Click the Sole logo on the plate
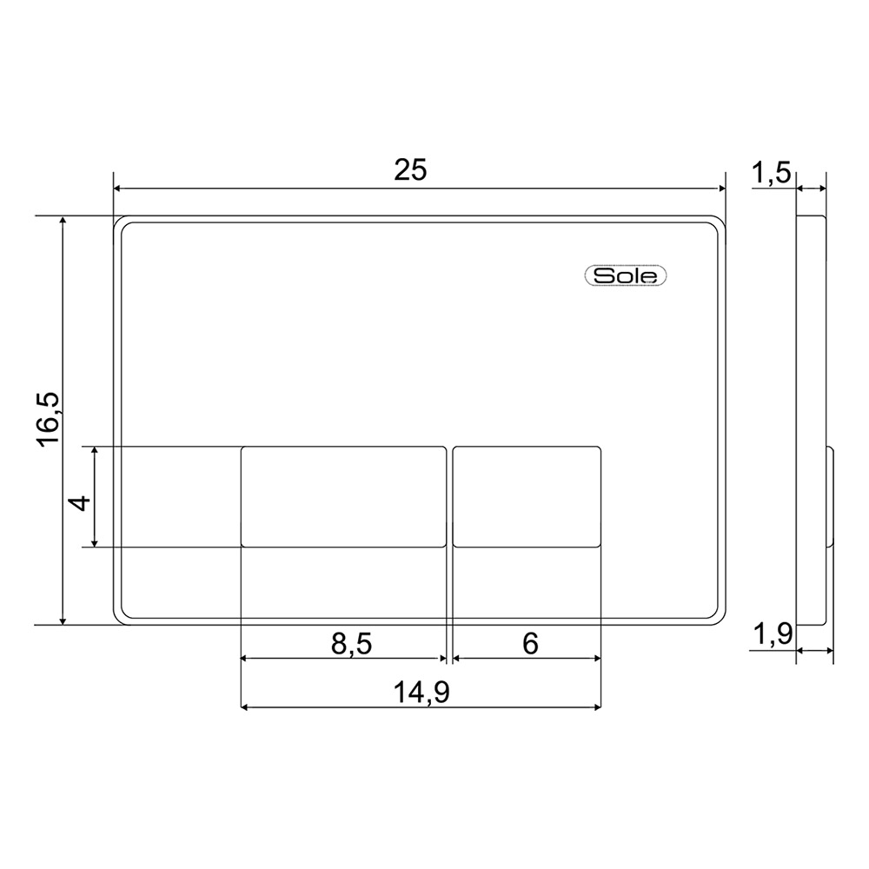626,275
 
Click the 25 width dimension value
411,169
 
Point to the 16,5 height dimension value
48,419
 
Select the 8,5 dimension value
351,643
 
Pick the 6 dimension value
530,643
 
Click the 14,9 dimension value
421,693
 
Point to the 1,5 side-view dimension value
772,172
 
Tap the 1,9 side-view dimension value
773,634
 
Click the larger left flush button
343,496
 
